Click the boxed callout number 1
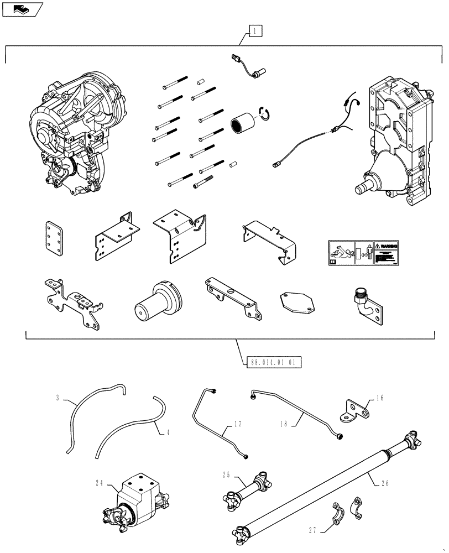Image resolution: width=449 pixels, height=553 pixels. click(255, 31)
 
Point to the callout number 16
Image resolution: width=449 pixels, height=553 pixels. click(380, 398)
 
